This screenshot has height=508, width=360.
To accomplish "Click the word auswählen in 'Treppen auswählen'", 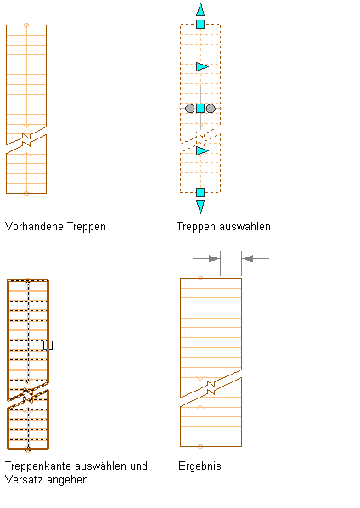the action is click(x=245, y=226).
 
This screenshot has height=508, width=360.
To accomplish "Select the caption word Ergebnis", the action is click(x=200, y=466).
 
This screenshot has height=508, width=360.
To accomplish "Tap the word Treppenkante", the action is click(x=38, y=466).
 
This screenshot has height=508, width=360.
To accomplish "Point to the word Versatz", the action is click(x=21, y=479).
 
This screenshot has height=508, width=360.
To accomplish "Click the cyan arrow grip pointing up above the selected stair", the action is click(x=200, y=9).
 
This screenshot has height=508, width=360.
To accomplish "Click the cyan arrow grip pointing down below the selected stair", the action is click(x=200, y=207).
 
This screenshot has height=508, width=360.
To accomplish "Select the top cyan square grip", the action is click(x=200, y=24).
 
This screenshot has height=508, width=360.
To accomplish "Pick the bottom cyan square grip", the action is click(x=200, y=193).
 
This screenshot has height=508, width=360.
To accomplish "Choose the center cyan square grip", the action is click(x=200, y=108).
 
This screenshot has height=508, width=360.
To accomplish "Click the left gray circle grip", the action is click(x=189, y=108).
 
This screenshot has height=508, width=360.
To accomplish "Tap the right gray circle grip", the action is click(x=211, y=108).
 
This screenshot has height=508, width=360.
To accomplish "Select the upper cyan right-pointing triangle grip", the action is click(x=202, y=67).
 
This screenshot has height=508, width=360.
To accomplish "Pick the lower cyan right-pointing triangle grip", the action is click(x=202, y=150).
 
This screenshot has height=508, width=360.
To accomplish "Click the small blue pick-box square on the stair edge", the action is click(x=48, y=346).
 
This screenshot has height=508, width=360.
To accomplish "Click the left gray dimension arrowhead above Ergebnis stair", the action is click(x=214, y=258).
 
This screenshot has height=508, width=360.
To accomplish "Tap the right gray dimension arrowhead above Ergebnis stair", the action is click(x=248, y=258).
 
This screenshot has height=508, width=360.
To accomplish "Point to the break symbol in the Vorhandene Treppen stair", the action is click(x=26, y=139).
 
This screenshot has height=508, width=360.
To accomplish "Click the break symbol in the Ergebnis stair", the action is click(x=211, y=388).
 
